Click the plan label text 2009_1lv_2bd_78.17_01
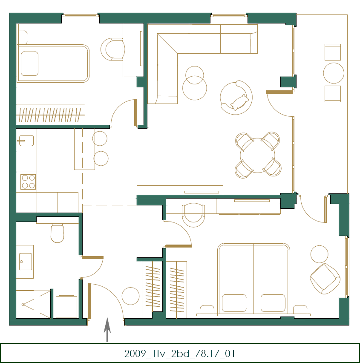(180, 353)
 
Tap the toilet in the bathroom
(57, 232)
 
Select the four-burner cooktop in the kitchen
(28, 181)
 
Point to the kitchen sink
(26, 140)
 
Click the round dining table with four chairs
(258, 155)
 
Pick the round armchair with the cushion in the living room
(236, 98)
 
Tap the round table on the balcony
(334, 73)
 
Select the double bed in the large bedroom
(254, 279)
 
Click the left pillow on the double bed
(234, 303)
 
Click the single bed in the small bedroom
(53, 63)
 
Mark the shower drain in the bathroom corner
(23, 304)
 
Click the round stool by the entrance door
(130, 296)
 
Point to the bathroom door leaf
(92, 257)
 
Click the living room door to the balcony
(279, 92)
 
